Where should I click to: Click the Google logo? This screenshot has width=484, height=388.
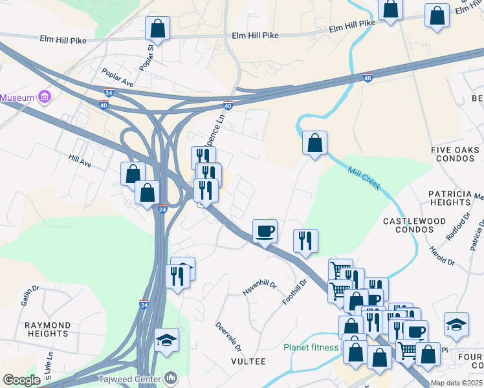tap(21, 380)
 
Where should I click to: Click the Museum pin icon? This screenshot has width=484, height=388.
tap(45, 98)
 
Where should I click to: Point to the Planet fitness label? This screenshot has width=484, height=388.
tap(311, 347)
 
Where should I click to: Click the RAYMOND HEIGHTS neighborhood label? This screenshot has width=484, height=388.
tap(47, 329)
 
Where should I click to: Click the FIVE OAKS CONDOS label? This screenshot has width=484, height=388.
tap(457, 154)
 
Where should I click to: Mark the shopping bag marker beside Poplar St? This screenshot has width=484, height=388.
tap(157, 28)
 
